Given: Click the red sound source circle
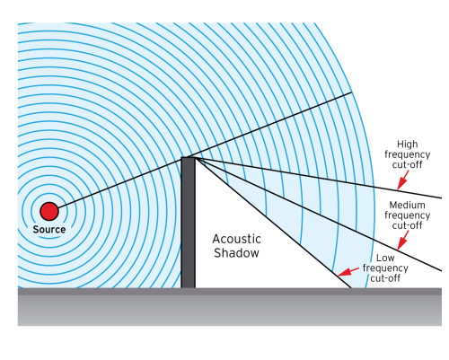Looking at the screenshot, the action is pos(49,211).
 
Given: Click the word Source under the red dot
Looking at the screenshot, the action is pos(49,230).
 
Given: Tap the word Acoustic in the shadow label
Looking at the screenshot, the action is pos(236,239).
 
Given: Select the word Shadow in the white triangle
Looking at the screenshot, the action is pos(236,253).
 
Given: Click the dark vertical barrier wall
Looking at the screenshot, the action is pos(188,223).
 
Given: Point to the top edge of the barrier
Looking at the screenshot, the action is pos(188,158).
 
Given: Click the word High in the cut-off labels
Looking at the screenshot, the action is pos(407,145).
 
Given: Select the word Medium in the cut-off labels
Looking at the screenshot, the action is pos(407,205).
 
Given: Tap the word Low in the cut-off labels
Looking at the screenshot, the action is pos(385,258).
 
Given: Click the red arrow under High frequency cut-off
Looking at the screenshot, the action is pos(402,180).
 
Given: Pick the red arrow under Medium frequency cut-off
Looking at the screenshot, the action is pos(402,241).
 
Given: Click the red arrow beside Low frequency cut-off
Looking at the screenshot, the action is pos(348,272).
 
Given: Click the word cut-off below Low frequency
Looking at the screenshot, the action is pos(385,278).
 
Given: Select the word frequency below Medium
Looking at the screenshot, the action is pos(407,215).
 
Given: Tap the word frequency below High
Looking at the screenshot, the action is pos(407,154).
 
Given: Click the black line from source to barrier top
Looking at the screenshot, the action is pos(119,182).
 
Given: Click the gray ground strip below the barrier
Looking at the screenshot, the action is pos(230,307).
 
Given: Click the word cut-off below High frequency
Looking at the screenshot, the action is pos(407,165).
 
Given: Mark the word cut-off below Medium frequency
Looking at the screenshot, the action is pos(407,225).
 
